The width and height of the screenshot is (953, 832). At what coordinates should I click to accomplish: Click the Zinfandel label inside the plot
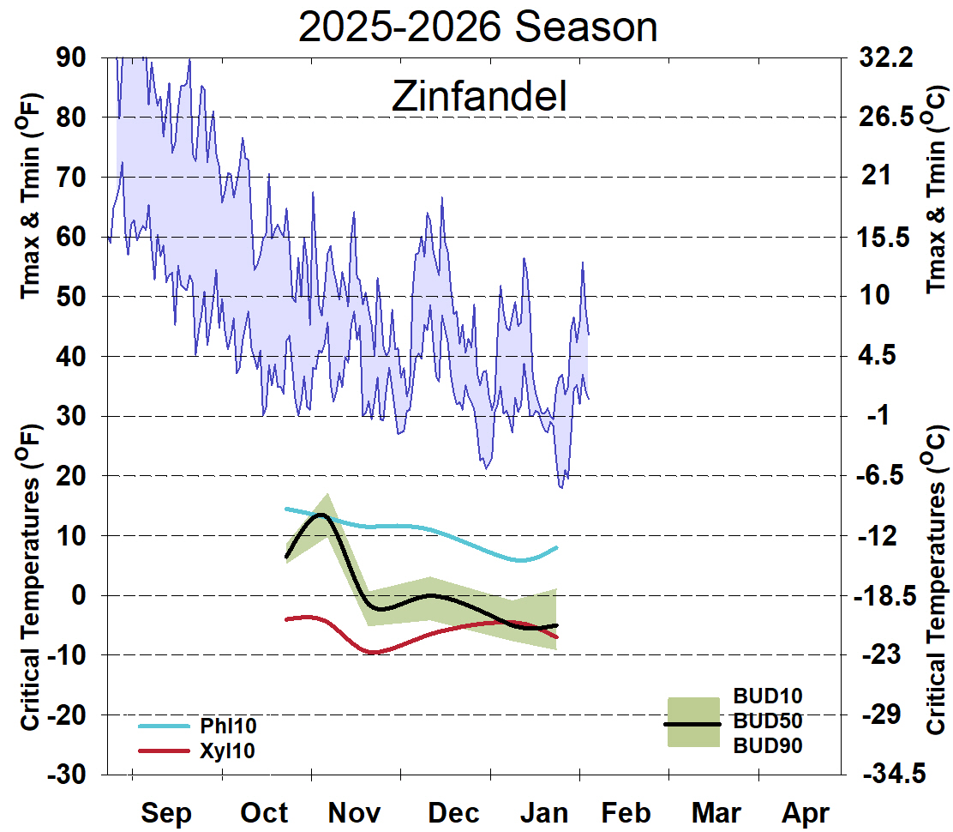click(479, 97)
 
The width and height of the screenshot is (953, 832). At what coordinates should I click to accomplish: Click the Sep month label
click(166, 812)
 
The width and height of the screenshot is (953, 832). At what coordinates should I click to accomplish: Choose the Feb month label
click(625, 812)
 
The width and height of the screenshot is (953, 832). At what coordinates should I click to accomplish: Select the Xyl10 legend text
click(227, 751)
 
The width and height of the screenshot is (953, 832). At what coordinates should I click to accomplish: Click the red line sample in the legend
click(163, 751)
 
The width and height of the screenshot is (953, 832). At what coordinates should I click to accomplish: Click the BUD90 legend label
click(767, 745)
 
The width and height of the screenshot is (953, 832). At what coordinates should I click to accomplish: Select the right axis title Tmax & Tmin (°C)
click(937, 189)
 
